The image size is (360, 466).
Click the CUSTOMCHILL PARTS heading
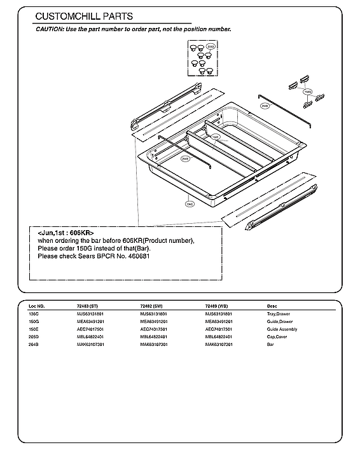(x=83, y=17)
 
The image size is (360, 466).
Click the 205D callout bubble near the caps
(x=211, y=47)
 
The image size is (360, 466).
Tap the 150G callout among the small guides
(x=307, y=92)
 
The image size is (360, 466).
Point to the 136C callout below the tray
(x=189, y=204)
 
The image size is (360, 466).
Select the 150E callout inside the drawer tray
(x=216, y=137)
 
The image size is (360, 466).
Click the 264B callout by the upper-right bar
(x=265, y=106)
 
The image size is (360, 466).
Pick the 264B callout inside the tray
(x=185, y=158)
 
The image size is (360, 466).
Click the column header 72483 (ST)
(x=87, y=306)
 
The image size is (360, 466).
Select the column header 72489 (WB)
(x=216, y=306)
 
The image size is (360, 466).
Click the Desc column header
(x=272, y=306)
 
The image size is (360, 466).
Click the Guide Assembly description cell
(x=281, y=329)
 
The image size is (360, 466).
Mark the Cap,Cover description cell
(x=277, y=337)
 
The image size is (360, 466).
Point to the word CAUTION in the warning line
(x=48, y=29)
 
